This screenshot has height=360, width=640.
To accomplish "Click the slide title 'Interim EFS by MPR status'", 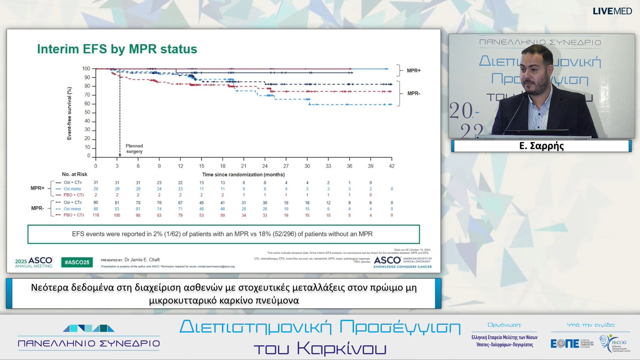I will pyautogui.click(x=117, y=49).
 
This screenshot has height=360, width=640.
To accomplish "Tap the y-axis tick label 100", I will pyautogui.click(x=86, y=69).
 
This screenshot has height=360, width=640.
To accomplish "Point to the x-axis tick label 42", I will pyautogui.click(x=392, y=166).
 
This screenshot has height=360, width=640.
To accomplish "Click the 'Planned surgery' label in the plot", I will pyautogui.click(x=134, y=149).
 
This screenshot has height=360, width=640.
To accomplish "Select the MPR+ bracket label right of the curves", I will pyautogui.click(x=414, y=71).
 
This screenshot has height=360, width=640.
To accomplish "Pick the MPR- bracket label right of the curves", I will pyautogui.click(x=414, y=93).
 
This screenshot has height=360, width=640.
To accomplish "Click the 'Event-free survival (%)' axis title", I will pyautogui.click(x=69, y=113).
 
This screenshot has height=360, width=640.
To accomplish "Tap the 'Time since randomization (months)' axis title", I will pyautogui.click(x=243, y=175).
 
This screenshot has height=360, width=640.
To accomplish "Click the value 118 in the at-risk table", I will pyautogui.click(x=96, y=215).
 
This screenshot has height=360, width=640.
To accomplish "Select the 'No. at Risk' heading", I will pyautogui.click(x=75, y=174).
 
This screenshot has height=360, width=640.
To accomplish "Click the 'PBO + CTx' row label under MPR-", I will pyautogui.click(x=74, y=215).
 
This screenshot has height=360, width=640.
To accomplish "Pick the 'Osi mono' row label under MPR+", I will pyautogui.click(x=72, y=189).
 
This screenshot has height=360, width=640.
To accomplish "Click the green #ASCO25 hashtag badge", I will pyautogui.click(x=77, y=262).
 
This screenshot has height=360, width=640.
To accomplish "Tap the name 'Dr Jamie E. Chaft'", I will pyautogui.click(x=142, y=260).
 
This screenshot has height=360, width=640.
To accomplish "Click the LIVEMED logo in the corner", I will pyautogui.click(x=612, y=11).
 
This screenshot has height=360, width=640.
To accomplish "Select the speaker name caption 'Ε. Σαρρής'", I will pyautogui.click(x=541, y=146).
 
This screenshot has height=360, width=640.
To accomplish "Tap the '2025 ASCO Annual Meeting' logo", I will pyautogui.click(x=34, y=262).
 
